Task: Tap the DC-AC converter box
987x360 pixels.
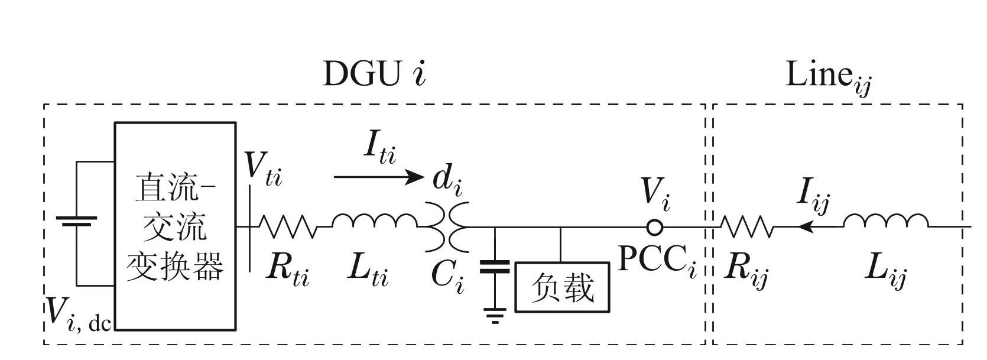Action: pos(176,226)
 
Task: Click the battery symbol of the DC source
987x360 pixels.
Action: pos(76,222)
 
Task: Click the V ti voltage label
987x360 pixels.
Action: pos(264,169)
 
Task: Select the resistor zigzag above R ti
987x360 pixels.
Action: pos(287,226)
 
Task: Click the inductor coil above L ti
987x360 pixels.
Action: pos(374,222)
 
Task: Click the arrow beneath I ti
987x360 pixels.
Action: pos(378,177)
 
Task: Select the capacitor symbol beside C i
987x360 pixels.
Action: pos(494,267)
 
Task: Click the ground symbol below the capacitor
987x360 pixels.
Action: pos(495,316)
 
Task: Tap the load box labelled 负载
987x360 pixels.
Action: pos(562,287)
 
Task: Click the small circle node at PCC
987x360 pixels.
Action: pos(655,227)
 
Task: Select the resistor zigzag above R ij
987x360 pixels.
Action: pos(746,226)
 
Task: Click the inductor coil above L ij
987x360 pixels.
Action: pos(885,221)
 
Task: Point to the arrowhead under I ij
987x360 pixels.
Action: pos(803,226)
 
